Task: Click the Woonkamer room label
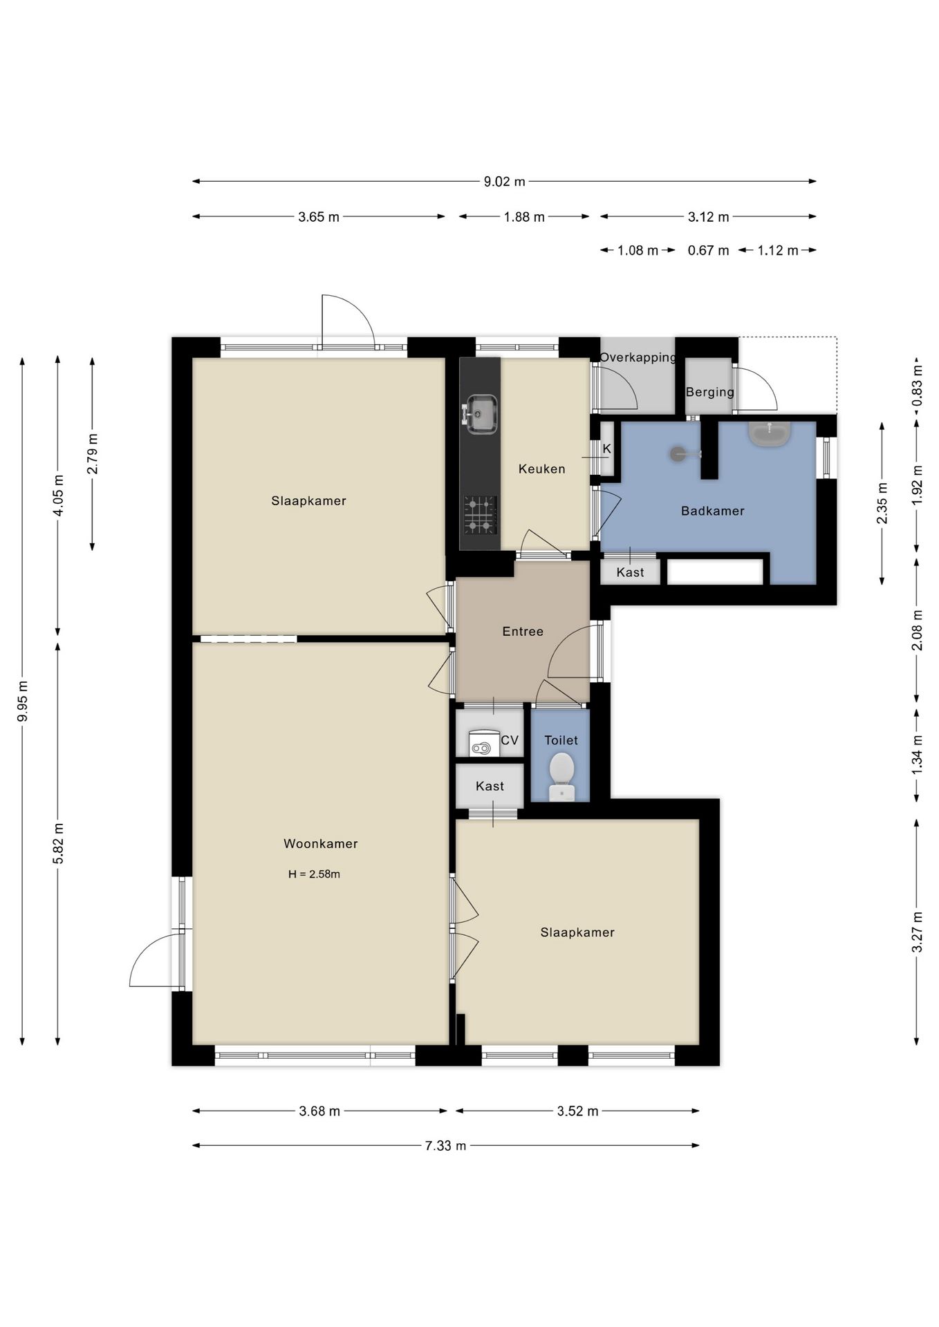(x=320, y=843)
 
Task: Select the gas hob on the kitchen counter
(x=480, y=515)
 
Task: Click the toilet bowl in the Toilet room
(x=561, y=776)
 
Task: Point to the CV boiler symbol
(x=484, y=743)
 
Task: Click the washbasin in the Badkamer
(x=770, y=433)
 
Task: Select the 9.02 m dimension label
(x=504, y=182)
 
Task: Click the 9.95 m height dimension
(x=23, y=701)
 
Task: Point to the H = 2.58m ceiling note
(x=314, y=874)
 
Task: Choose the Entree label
(x=523, y=631)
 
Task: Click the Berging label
(x=710, y=392)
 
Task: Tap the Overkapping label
(x=638, y=357)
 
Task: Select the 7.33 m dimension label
(x=445, y=1146)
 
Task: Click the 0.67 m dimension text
(x=708, y=250)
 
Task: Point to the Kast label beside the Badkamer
(x=630, y=572)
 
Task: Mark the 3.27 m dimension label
(x=918, y=932)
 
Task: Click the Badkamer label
(x=712, y=511)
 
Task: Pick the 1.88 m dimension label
(x=524, y=217)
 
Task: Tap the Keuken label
(x=542, y=469)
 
